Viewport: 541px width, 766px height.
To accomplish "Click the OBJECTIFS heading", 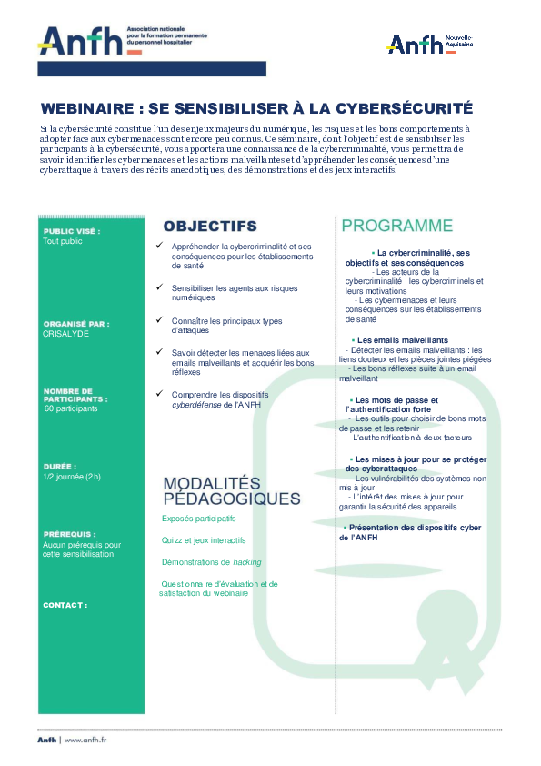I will (x=210, y=226).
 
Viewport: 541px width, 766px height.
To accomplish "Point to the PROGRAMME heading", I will (x=396, y=226).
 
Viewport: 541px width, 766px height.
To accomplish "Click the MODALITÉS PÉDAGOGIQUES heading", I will (x=231, y=490).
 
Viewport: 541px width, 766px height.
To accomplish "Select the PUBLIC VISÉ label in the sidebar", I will (x=71, y=231).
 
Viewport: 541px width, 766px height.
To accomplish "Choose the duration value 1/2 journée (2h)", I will (x=72, y=476).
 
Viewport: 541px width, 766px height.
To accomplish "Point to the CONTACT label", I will (x=65, y=604).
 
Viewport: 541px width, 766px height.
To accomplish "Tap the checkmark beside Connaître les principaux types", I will (x=160, y=320).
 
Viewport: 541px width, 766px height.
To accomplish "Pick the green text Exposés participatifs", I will (x=198, y=518).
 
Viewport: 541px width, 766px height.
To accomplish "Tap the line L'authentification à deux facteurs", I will (x=406, y=438).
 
